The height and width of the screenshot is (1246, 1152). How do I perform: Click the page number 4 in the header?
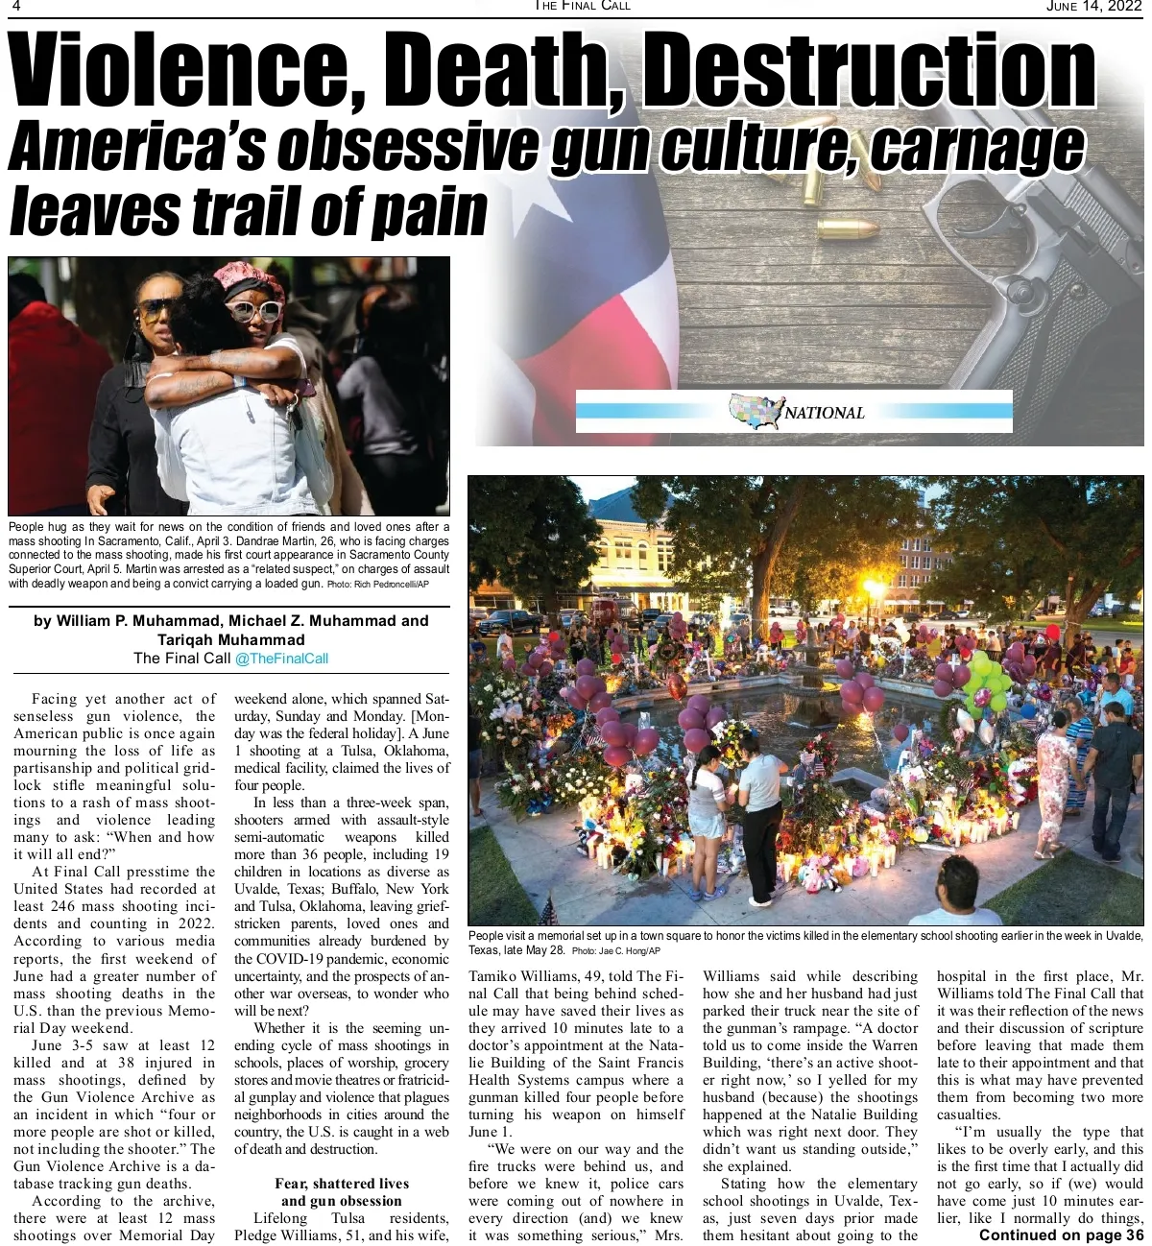pos(16,7)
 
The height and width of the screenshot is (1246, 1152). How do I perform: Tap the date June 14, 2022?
pos(1093,7)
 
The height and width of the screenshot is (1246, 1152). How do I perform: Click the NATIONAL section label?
pos(825,413)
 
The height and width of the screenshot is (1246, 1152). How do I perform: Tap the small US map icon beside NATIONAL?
pos(756,411)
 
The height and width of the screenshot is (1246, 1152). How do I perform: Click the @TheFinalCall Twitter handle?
pos(281,659)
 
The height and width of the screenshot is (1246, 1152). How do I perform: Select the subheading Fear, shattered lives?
pos(342,1184)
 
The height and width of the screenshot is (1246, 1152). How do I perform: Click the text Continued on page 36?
pos(1061,1235)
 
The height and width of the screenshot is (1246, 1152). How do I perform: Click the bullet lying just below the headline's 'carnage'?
pos(847,230)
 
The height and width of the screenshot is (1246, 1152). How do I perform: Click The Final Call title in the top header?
pos(583,7)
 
